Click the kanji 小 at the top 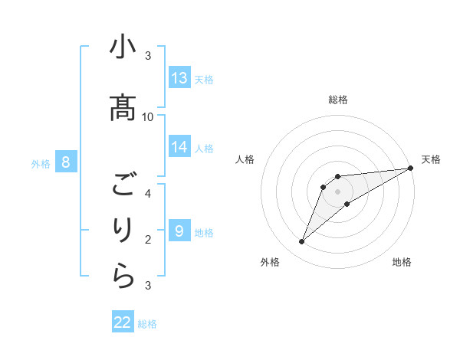123,48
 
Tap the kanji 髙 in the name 123,106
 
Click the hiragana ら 123,277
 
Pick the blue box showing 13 179,78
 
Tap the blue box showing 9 179,231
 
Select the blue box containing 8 66,162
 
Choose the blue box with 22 123,322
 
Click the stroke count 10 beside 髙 148,116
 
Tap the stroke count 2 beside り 148,240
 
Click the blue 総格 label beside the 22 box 147,324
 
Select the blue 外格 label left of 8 41,163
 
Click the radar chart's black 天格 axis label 431,159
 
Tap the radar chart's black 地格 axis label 402,262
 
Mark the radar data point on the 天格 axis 410,168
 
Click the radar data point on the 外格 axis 301,242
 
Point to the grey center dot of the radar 337,191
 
